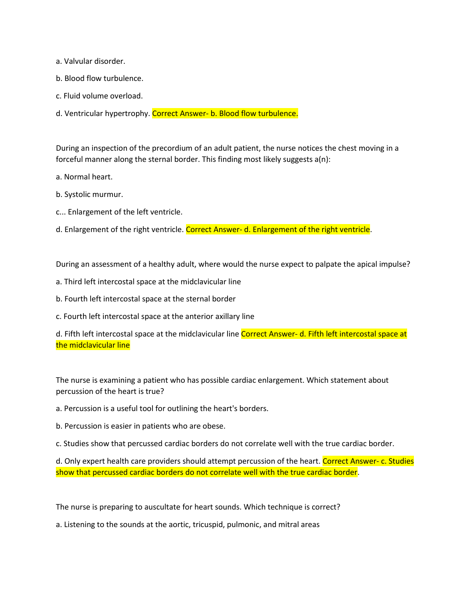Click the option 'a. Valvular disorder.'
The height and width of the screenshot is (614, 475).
[x=91, y=61]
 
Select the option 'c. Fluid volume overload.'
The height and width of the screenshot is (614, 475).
[x=99, y=96]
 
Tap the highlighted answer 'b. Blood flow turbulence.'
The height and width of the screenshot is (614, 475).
[x=225, y=113]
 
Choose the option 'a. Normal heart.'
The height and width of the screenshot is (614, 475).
[x=84, y=177]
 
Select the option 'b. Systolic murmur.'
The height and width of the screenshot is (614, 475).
[x=89, y=194]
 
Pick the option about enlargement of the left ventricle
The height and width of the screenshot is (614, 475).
[x=119, y=212]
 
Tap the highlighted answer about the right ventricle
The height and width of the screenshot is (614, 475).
[x=278, y=229]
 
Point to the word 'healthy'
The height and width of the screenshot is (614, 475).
[x=162, y=264]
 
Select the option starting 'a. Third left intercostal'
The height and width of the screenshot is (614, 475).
[x=148, y=281]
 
